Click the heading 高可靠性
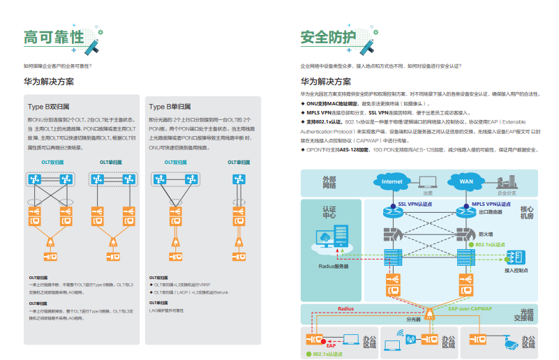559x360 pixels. [53, 36]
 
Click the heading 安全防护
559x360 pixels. [327, 36]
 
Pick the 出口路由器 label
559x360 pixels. [489, 212]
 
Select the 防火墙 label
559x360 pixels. [486, 234]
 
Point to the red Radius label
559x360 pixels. [346, 308]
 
